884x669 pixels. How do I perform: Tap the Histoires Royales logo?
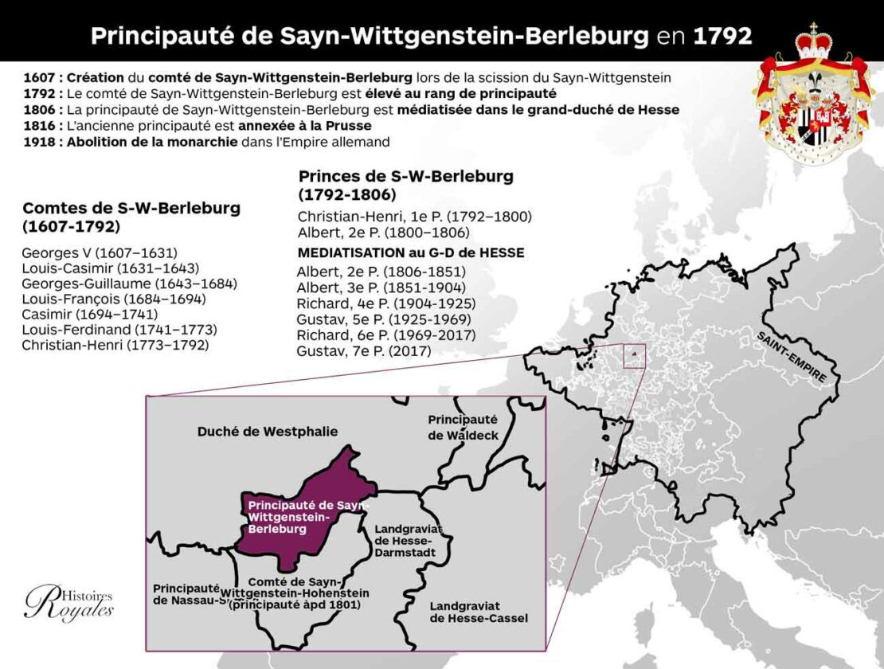(x=69, y=604)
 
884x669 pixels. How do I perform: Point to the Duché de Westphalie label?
(x=267, y=432)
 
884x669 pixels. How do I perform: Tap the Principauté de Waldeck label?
(x=462, y=426)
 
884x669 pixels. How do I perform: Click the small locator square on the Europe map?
(x=634, y=356)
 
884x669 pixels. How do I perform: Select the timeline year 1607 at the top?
(x=40, y=78)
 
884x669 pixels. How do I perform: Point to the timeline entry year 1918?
(x=40, y=142)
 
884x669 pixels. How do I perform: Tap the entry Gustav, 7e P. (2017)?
(x=362, y=350)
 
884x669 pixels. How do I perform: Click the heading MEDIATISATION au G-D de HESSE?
(x=411, y=252)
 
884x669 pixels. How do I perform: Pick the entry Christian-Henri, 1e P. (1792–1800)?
(x=415, y=217)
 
